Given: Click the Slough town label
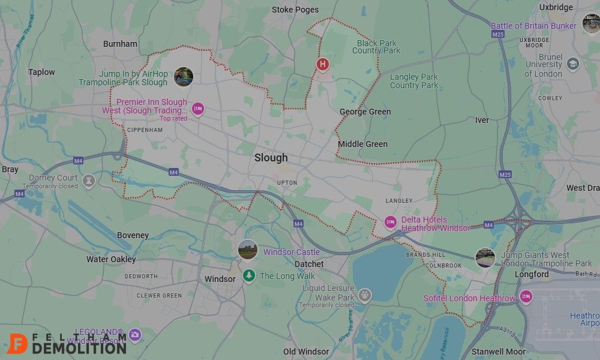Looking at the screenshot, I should click(x=271, y=158).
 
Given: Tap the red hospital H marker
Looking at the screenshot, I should click(x=323, y=64).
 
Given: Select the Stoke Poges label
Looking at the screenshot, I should click(x=295, y=10).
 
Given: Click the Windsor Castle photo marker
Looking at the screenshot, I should click(x=247, y=249).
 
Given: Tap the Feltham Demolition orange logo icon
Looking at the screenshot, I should click(x=19, y=344).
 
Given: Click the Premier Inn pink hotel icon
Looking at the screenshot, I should click(x=198, y=109).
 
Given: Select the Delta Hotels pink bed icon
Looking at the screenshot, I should click(x=391, y=223).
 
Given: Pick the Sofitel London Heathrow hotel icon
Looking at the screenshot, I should click(x=526, y=296).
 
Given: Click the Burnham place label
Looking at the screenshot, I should click(x=120, y=44).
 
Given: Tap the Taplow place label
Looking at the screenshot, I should click(x=41, y=72).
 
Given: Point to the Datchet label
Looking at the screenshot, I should click(x=309, y=264).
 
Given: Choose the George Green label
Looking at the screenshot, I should click(x=365, y=112).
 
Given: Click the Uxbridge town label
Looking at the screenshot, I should click(x=556, y=8).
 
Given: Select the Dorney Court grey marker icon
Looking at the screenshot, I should click(x=89, y=181).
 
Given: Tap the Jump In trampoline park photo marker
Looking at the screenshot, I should click(x=183, y=77).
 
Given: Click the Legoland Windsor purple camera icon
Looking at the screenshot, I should click(x=135, y=335).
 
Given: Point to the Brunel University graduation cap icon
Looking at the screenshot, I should click(x=573, y=64).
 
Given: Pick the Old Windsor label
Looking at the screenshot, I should click(x=306, y=352).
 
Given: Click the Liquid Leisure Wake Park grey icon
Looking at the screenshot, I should click(x=364, y=295).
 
